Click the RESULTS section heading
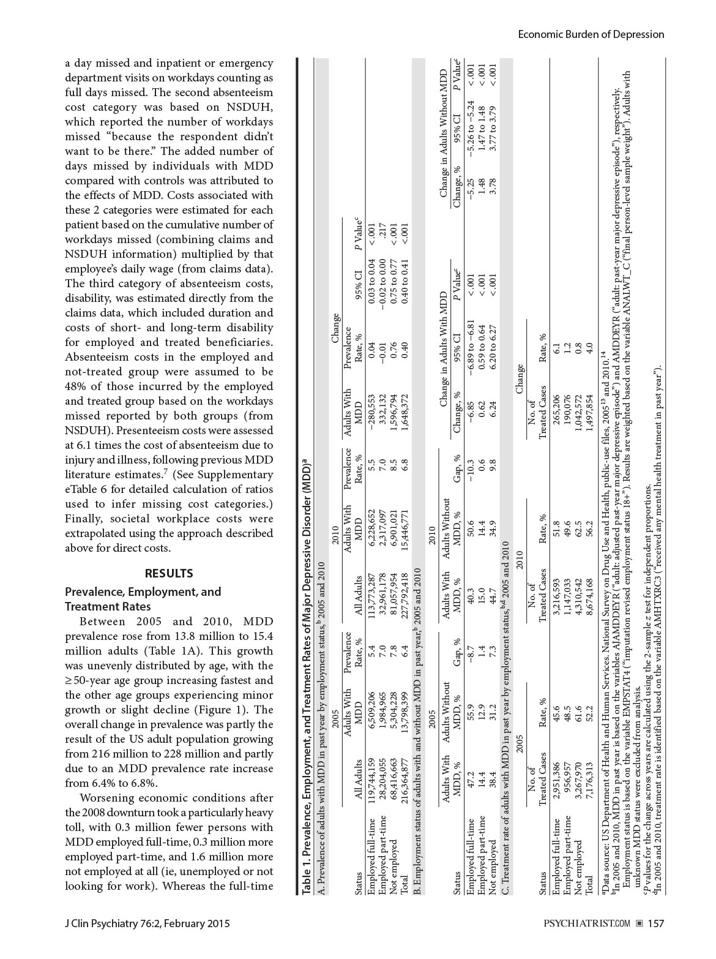tap(169, 573)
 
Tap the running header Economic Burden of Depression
tap(591, 34)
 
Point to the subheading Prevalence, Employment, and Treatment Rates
tap(143, 599)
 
